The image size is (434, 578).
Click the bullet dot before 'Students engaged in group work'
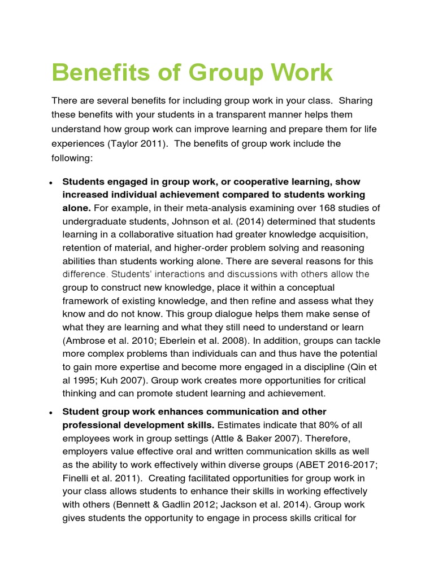pyautogui.click(x=51, y=182)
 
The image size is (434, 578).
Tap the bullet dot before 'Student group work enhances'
pyautogui.click(x=51, y=412)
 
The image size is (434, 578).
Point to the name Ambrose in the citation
pyautogui.click(x=84, y=340)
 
